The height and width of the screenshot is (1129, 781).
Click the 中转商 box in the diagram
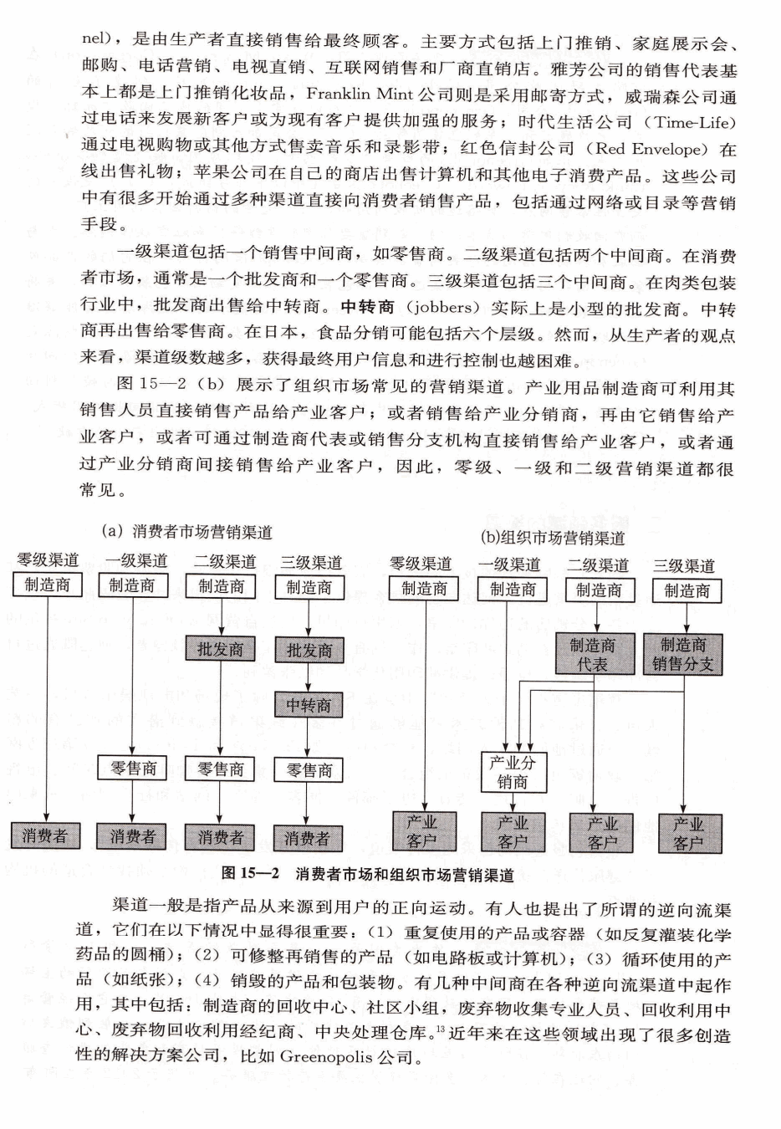pyautogui.click(x=308, y=706)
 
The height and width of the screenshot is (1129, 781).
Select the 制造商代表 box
pyautogui.click(x=592, y=655)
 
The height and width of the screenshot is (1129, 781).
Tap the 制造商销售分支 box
pyautogui.click(x=682, y=655)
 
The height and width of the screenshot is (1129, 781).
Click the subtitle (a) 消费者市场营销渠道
pyautogui.click(x=186, y=532)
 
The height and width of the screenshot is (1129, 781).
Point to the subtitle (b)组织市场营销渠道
pyautogui.click(x=552, y=537)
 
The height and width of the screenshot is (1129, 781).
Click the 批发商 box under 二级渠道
pyautogui.click(x=220, y=650)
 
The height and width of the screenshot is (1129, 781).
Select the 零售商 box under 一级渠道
pyautogui.click(x=133, y=768)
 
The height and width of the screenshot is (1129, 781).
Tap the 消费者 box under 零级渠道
pyautogui.click(x=45, y=835)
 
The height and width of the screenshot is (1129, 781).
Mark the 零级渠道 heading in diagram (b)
pyautogui.click(x=421, y=564)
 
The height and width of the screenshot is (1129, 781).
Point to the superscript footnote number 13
pyautogui.click(x=440, y=1027)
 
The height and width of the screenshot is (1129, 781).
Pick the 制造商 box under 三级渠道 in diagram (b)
pyautogui.click(x=687, y=590)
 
